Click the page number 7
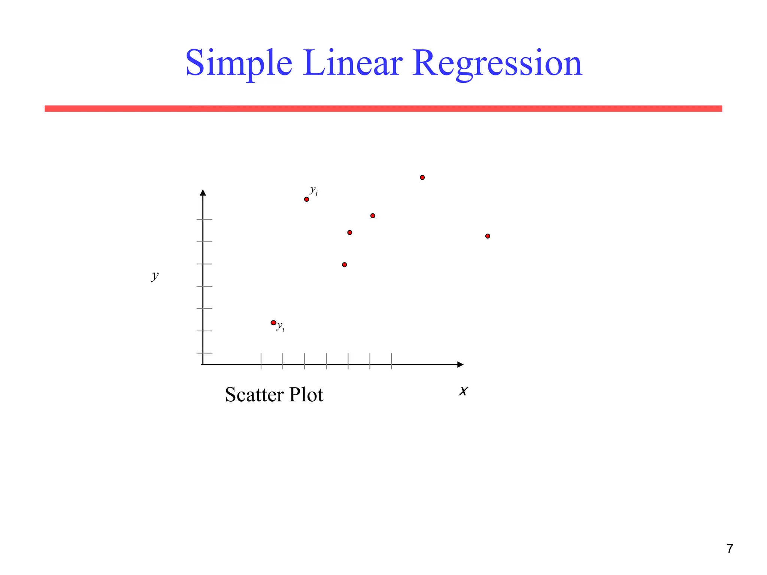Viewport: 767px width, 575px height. pyautogui.click(x=730, y=549)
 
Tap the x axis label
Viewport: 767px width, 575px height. pyautogui.click(x=464, y=391)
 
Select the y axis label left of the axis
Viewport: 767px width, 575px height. pyautogui.click(x=155, y=276)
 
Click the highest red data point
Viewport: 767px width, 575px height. pyautogui.click(x=422, y=177)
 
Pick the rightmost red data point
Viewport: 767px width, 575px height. pyautogui.click(x=488, y=236)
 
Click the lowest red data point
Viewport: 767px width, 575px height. pyautogui.click(x=273, y=323)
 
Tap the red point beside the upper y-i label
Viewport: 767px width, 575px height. pyautogui.click(x=306, y=199)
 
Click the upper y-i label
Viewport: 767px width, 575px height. pyautogui.click(x=314, y=191)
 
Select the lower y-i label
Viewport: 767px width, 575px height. pyautogui.click(x=281, y=327)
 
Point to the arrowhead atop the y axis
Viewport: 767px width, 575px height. pyautogui.click(x=203, y=193)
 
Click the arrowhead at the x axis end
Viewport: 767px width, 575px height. pyautogui.click(x=460, y=365)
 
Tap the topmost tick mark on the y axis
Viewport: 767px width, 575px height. pyautogui.click(x=204, y=219)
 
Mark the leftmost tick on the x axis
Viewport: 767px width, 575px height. pyautogui.click(x=261, y=361)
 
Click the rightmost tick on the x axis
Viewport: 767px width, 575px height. pyautogui.click(x=392, y=361)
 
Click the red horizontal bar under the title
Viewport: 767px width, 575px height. pyautogui.click(x=383, y=109)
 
